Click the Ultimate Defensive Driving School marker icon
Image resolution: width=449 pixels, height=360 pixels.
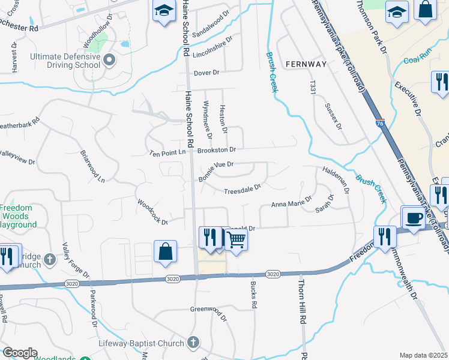109,59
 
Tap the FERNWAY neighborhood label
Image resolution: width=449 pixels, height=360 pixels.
306,64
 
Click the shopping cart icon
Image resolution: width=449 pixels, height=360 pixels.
237,239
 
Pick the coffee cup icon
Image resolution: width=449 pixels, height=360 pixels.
413,218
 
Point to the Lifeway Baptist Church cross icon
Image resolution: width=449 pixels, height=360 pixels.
193,342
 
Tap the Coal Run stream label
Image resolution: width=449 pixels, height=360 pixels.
418,60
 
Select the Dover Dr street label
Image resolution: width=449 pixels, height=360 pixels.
206,73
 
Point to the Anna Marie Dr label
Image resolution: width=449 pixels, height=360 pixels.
292,202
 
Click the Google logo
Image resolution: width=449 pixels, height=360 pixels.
20,353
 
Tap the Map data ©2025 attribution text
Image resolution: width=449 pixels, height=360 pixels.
423,355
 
